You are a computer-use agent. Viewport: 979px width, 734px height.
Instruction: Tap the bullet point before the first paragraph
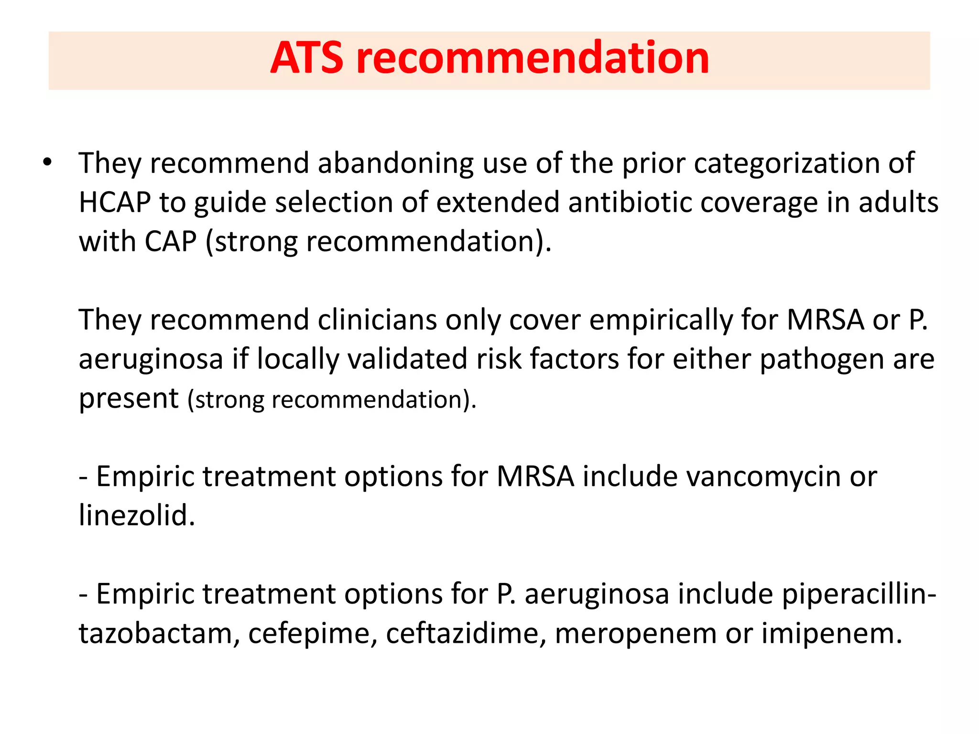46,162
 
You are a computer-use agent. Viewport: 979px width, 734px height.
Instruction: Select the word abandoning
395,163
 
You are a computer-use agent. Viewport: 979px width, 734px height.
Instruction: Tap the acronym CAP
171,241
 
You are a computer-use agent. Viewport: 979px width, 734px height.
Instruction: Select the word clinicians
377,320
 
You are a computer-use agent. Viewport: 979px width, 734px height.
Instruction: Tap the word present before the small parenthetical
129,398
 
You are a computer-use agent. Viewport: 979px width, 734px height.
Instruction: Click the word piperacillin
856,594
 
